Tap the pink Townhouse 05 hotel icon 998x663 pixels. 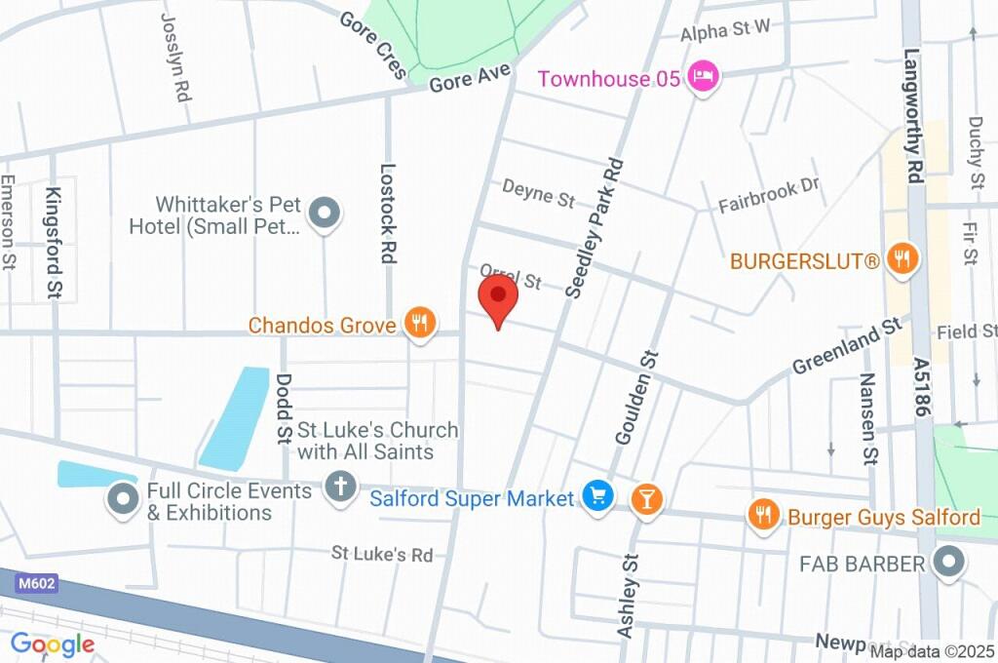click(x=703, y=77)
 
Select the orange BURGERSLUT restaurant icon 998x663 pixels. click(x=903, y=259)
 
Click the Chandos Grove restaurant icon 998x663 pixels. click(x=420, y=323)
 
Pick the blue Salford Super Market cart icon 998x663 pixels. click(x=596, y=497)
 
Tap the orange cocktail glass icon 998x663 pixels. click(x=644, y=499)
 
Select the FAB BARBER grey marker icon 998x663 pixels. click(x=946, y=563)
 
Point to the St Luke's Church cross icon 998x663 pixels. click(x=340, y=487)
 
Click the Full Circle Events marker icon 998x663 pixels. click(x=123, y=499)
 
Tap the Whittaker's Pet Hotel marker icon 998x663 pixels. click(x=324, y=213)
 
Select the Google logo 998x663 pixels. click(x=53, y=643)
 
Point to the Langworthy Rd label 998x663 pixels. click(x=913, y=117)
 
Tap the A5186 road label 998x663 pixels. click(x=922, y=387)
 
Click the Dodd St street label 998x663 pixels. click(x=284, y=406)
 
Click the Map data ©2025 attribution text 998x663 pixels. click(x=932, y=651)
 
